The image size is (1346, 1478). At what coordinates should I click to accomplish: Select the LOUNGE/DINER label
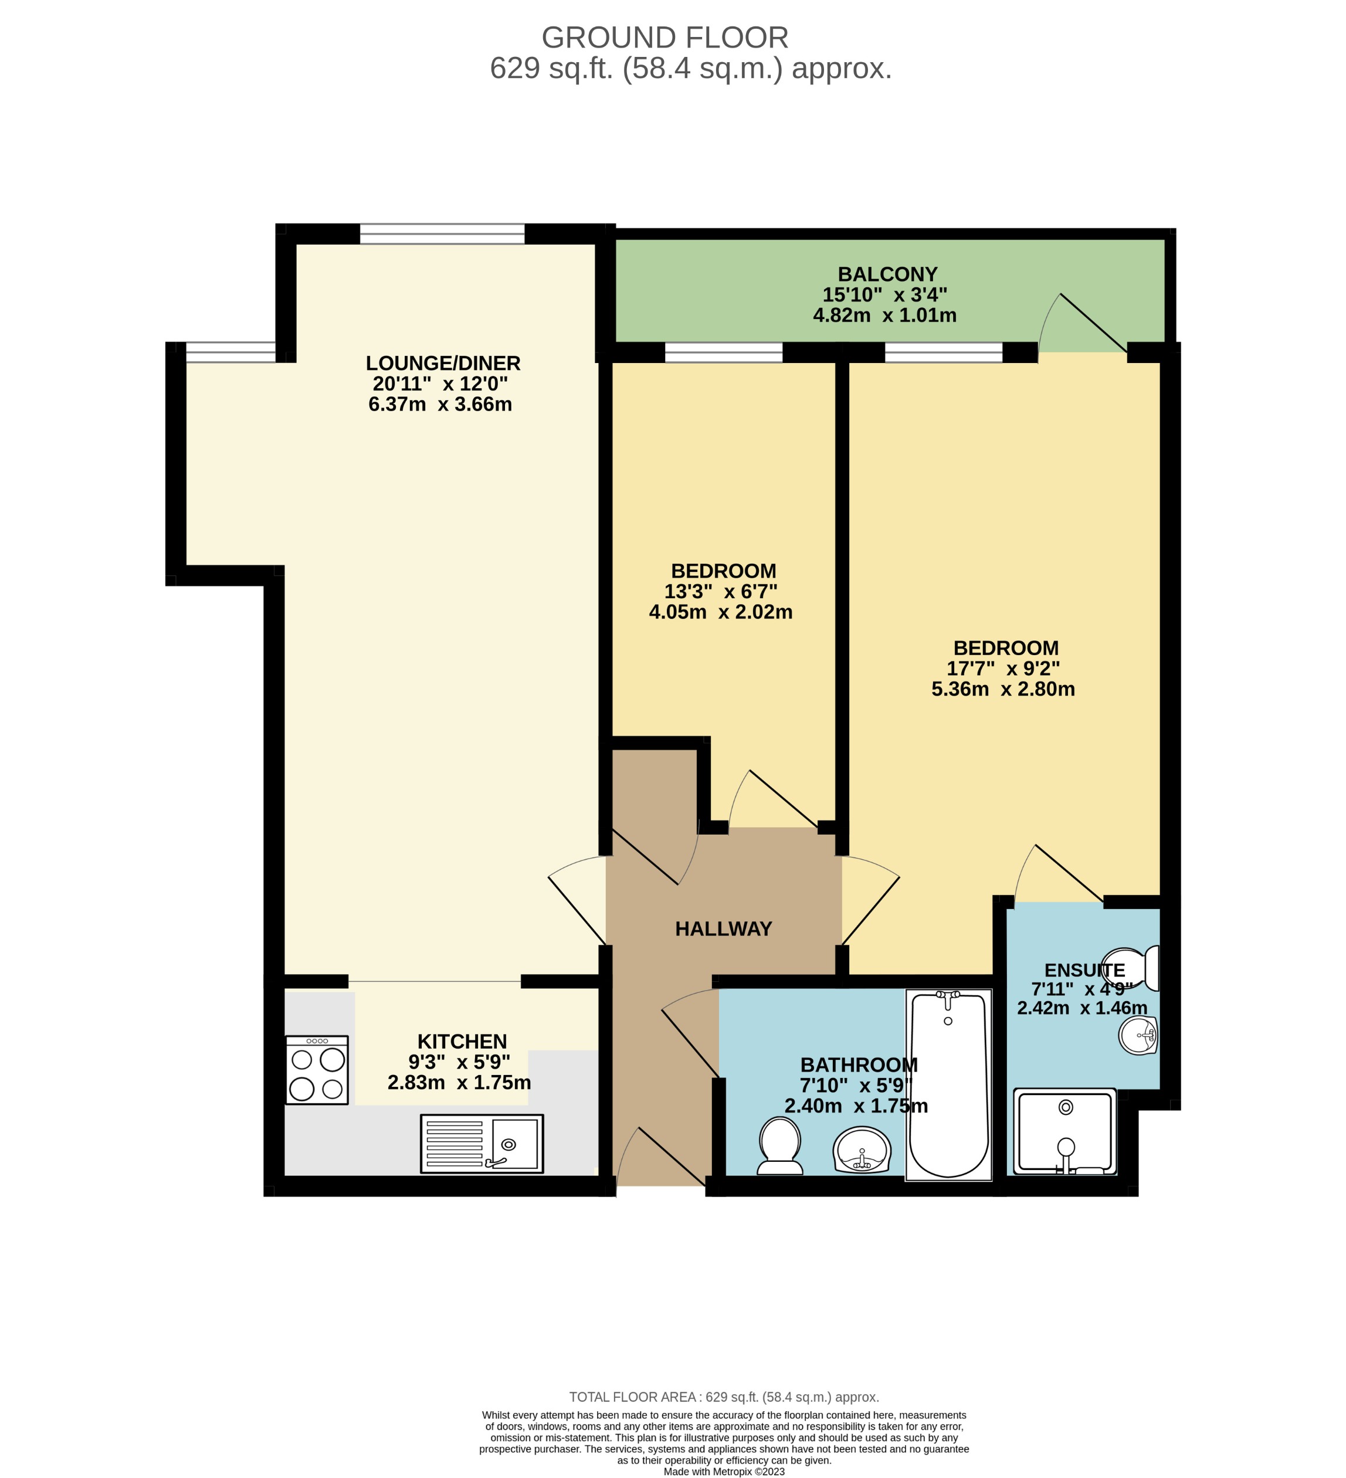tap(443, 363)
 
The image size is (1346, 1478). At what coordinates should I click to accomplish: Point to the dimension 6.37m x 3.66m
tap(440, 404)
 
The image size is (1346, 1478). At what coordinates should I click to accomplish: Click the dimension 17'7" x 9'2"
tap(1003, 669)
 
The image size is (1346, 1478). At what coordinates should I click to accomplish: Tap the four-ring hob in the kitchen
tap(317, 1070)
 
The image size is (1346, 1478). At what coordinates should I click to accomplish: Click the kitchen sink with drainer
tap(482, 1144)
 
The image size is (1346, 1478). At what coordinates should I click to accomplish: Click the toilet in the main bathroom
tap(779, 1145)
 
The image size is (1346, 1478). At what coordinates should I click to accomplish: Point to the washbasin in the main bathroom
tap(862, 1150)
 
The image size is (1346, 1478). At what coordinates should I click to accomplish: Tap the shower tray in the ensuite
tap(1065, 1133)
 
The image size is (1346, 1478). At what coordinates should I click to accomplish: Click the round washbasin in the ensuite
tap(1138, 1035)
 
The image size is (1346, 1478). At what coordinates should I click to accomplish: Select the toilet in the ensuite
tap(1137, 968)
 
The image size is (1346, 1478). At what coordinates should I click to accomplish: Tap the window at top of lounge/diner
tap(442, 234)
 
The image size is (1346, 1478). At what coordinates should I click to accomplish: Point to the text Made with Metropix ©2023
tap(724, 1472)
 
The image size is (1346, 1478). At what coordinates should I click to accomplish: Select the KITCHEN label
tap(462, 1041)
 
